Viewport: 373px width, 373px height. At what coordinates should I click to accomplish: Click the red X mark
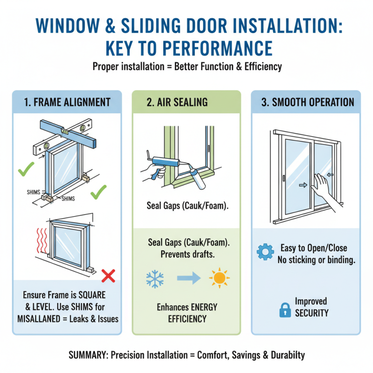pos(108,276)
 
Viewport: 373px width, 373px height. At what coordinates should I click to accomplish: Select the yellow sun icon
pos(219,278)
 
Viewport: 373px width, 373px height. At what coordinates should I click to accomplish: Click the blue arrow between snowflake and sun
pos(187,279)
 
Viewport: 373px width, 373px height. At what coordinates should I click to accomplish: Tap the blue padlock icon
pos(285,310)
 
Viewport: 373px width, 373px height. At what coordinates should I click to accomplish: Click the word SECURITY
pos(311,313)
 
